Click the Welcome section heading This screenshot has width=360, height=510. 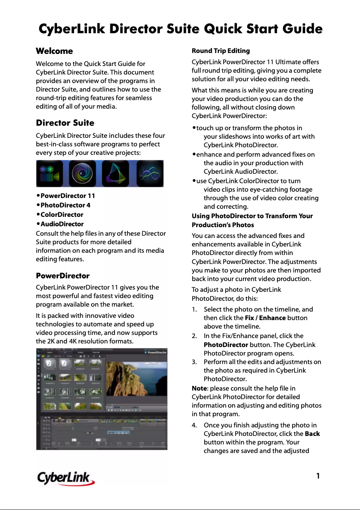pos(54,51)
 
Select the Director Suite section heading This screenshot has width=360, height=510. pos(65,123)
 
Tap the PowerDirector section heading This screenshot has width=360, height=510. pos(62,276)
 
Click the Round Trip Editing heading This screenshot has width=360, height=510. pos(220,51)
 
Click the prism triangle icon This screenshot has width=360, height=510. pos(115,174)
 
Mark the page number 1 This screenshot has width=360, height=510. pos(318,476)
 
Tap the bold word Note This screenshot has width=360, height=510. pos(200,388)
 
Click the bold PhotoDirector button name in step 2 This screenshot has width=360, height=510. pos(226,344)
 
